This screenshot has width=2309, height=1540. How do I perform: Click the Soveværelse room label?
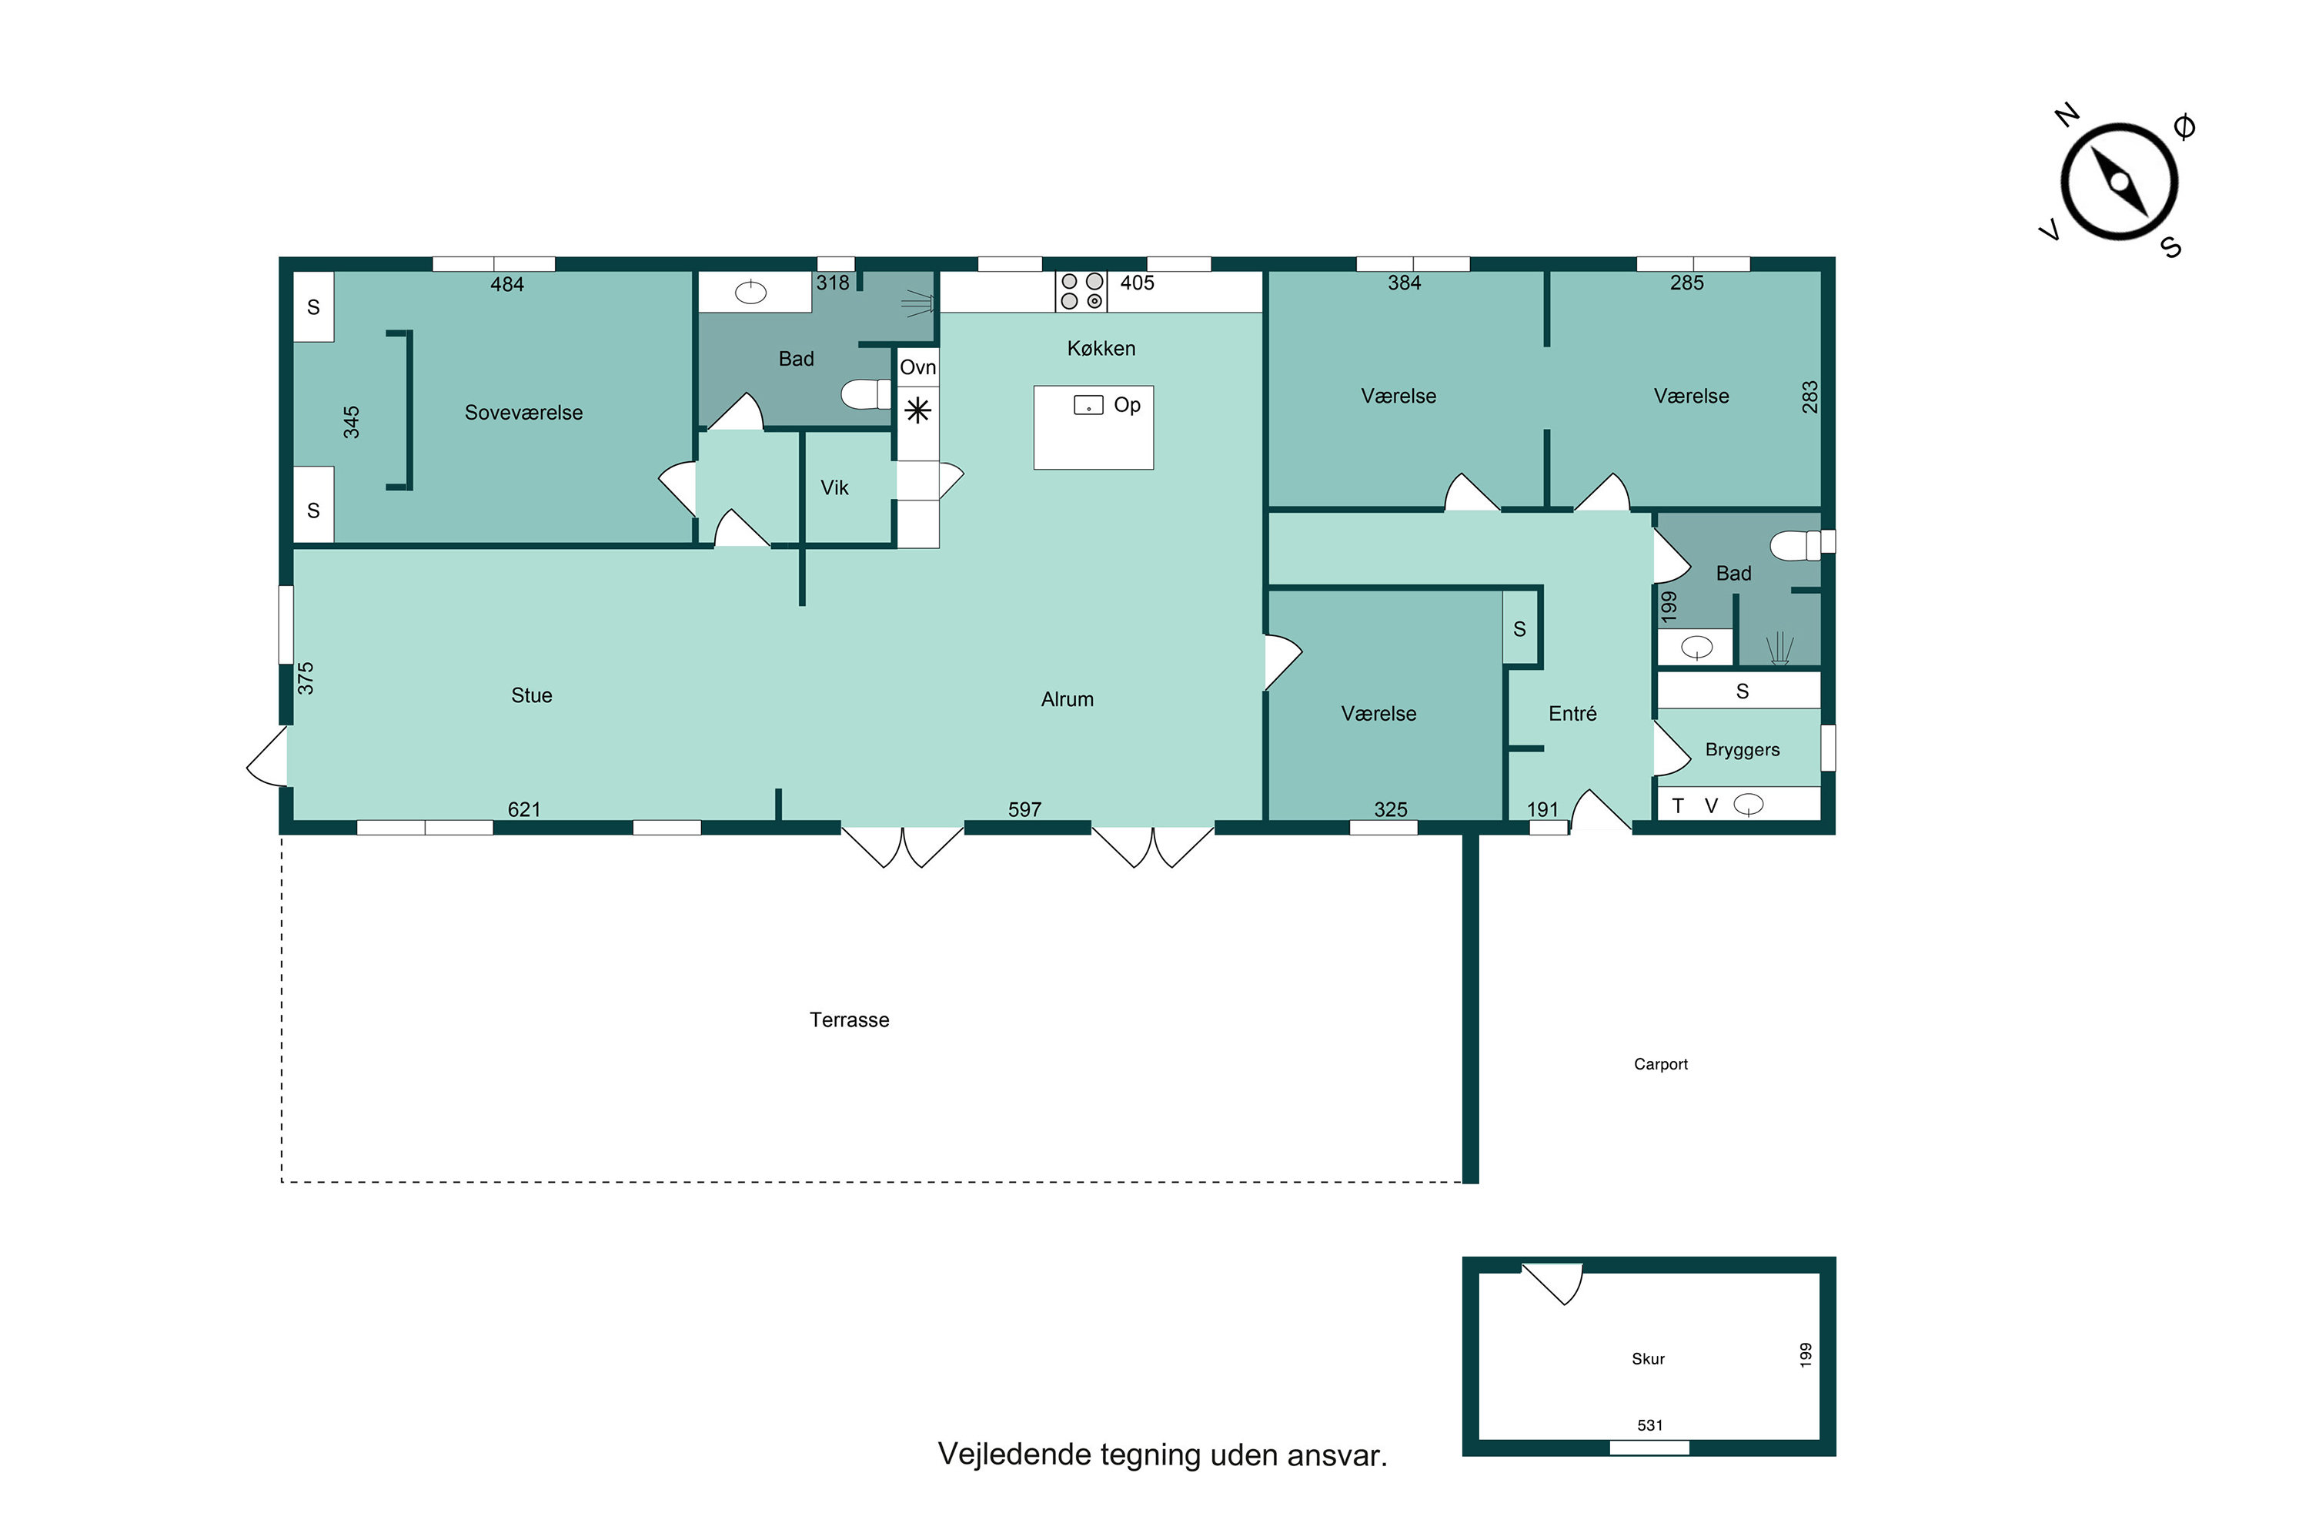click(x=523, y=413)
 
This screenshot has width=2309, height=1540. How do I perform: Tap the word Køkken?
click(x=1101, y=349)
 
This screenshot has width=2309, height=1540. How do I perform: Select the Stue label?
click(x=531, y=695)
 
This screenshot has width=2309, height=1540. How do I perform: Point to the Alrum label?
click(x=1066, y=699)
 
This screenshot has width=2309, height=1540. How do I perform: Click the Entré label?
click(x=1572, y=714)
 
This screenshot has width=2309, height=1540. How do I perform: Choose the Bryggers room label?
click(x=1742, y=750)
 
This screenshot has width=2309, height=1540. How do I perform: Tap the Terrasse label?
click(x=849, y=1019)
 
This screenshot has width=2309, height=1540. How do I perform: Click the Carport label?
click(x=1660, y=1063)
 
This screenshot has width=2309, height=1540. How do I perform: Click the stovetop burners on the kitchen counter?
click(x=1081, y=291)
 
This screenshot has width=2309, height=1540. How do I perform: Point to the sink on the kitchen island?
click(x=1088, y=406)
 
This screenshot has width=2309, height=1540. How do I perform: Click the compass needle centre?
click(x=2119, y=182)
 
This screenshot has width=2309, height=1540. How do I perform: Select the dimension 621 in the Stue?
click(x=523, y=809)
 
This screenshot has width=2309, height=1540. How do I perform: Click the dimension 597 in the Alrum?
click(x=1024, y=809)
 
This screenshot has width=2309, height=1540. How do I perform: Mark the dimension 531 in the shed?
click(x=1649, y=1425)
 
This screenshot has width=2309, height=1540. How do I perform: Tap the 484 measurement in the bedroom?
click(x=506, y=285)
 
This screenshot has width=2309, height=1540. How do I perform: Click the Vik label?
click(x=834, y=488)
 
